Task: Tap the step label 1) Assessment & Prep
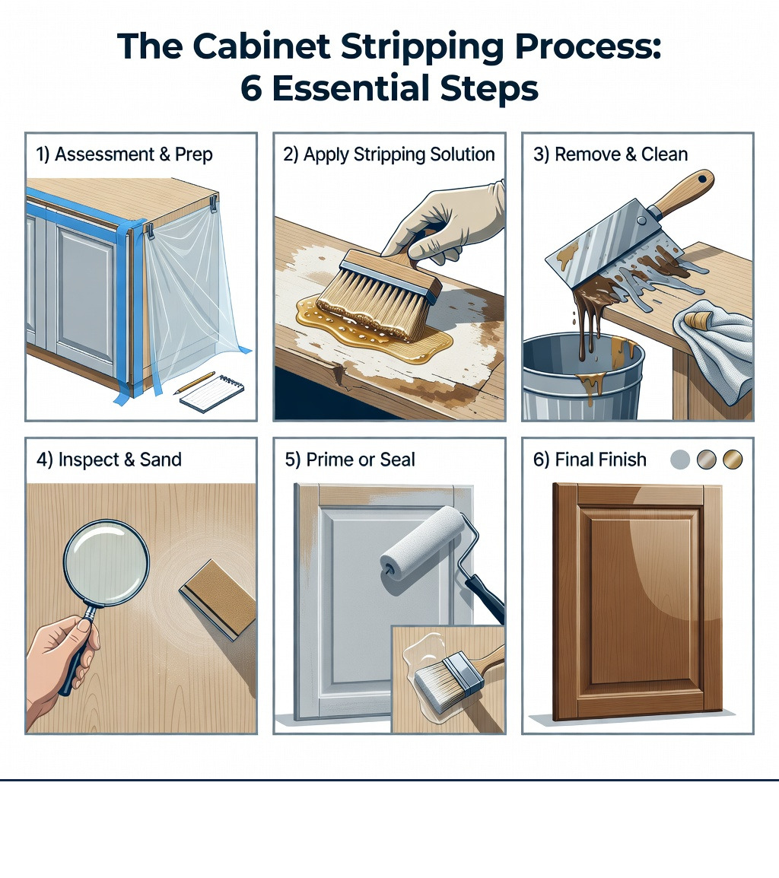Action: (124, 154)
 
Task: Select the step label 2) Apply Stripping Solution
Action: (389, 154)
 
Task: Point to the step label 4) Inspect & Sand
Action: (109, 460)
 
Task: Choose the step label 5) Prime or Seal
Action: (349, 460)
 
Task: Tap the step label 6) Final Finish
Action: (590, 460)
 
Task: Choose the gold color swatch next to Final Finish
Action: (733, 460)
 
